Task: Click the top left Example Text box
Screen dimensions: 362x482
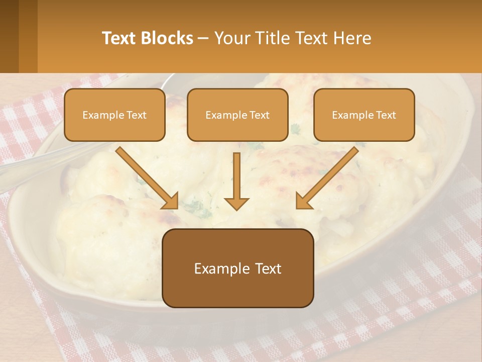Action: [x=114, y=115]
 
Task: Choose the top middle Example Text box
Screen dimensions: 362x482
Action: [x=237, y=115]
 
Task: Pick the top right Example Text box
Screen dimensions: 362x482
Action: [x=364, y=115]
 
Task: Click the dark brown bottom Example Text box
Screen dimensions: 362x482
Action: [x=237, y=268]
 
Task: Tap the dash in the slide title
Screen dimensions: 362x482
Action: [x=203, y=39]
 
